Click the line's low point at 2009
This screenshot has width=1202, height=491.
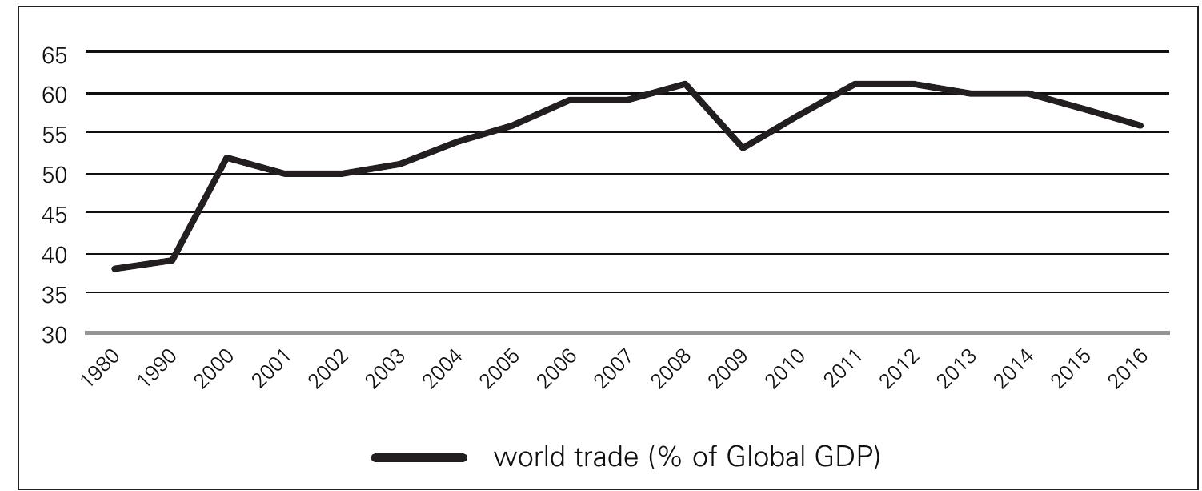pyautogui.click(x=743, y=148)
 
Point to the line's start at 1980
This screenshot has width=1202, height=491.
pyautogui.click(x=115, y=268)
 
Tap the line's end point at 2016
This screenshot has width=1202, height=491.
pyautogui.click(x=1140, y=125)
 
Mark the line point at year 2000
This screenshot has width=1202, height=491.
pyautogui.click(x=229, y=157)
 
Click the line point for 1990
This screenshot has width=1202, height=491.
pyautogui.click(x=172, y=260)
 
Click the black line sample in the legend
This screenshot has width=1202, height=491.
pyautogui.click(x=419, y=458)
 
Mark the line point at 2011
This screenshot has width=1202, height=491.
pyautogui.click(x=856, y=83)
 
